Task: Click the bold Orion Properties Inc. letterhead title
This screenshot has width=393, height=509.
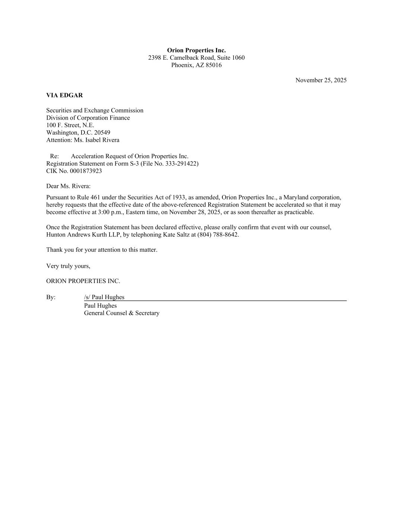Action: [196, 50]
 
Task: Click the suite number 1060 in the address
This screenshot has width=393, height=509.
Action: [238, 58]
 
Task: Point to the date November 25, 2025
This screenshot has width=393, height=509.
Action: [321, 80]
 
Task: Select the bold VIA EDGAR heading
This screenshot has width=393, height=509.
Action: [64, 95]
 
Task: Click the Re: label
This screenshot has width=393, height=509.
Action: [54, 156]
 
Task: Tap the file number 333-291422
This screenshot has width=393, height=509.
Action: [181, 164]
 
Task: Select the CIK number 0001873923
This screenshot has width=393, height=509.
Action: [86, 171]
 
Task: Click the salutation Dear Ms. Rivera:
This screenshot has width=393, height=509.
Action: [68, 186]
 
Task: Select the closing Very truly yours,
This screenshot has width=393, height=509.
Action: [68, 266]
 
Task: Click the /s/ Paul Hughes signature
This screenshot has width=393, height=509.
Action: [104, 297]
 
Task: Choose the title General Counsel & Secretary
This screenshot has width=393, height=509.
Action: [121, 313]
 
